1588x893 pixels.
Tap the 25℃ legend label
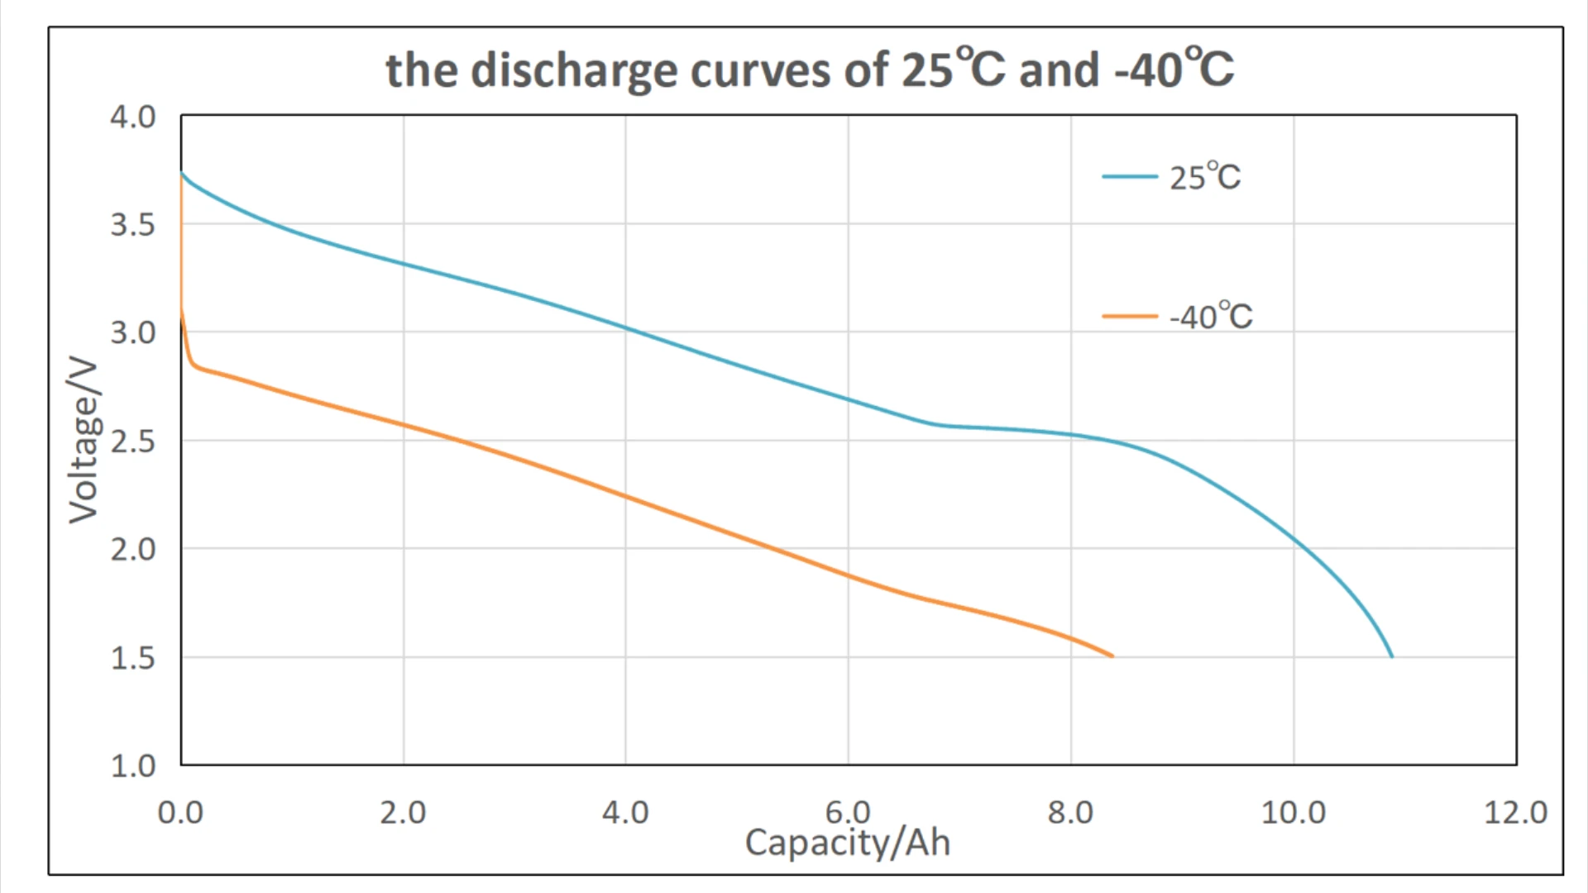coord(1204,177)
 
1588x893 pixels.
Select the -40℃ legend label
coord(1210,317)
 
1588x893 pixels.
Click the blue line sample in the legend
coord(1129,177)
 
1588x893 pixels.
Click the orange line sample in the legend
coord(1129,316)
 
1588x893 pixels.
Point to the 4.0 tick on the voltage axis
coord(133,117)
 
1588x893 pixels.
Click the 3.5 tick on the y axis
coord(133,225)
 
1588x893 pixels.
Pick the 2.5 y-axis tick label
coord(133,442)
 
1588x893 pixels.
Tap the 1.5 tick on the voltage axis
coord(133,658)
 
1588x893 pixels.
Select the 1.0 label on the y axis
coord(133,766)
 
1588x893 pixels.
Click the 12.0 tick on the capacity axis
coord(1515,813)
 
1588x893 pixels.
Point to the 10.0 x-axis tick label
coord(1293,813)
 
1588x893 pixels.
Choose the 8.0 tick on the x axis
coord(1070,813)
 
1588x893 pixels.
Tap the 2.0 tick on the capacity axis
coord(403,813)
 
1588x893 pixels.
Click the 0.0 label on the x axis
coord(180,813)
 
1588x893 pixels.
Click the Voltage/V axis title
coord(84,440)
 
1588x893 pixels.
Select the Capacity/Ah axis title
coord(848,843)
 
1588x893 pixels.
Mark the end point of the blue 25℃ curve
coord(1392,657)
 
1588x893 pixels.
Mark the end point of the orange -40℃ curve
coord(1112,656)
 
